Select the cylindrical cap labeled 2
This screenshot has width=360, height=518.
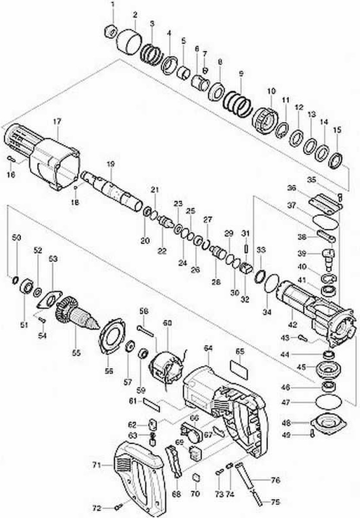click(x=129, y=43)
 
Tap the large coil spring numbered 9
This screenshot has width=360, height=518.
click(x=238, y=102)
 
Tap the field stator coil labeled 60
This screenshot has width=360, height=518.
click(x=166, y=369)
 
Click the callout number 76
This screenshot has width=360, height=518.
click(x=275, y=480)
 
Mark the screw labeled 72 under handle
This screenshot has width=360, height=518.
click(x=119, y=507)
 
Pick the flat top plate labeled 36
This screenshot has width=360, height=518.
click(x=325, y=202)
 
